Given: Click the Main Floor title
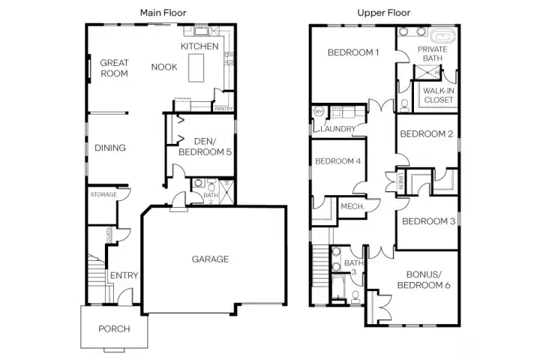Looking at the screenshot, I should pos(163,13).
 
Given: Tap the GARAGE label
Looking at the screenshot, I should pos(210,259).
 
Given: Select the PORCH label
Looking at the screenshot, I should pos(114,328).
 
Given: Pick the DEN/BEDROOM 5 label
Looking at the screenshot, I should pos(203,146).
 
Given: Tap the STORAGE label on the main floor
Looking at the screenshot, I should pos(103,195).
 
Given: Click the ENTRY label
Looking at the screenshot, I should pos(124,275).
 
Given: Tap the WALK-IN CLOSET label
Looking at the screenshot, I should pos(438,95).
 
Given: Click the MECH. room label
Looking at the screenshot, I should pos(352,206).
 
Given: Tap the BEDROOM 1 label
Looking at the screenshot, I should pos(353,52).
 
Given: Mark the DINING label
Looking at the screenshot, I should pos(110,148).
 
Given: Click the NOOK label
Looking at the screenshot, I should pos(163,67).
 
